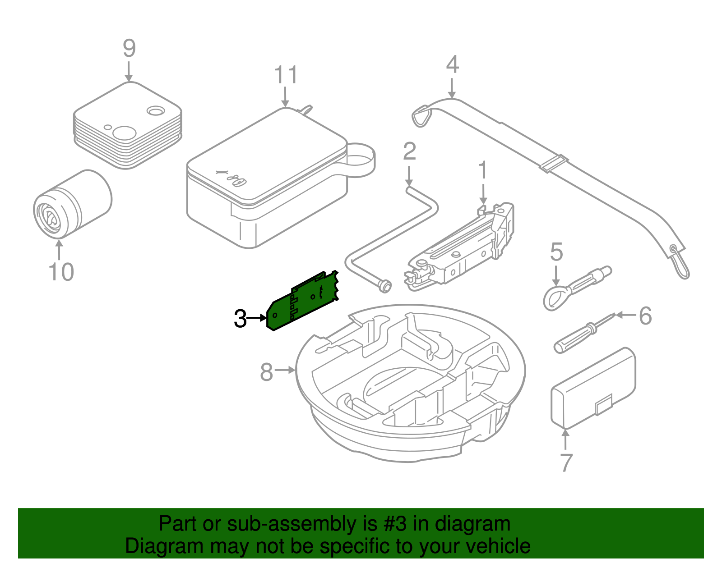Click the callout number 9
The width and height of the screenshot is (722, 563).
pos(129,48)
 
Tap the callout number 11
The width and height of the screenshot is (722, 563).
pos(286,75)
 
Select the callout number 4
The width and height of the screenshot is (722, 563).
pos(452,64)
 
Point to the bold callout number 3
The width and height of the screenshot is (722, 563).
pos(240,319)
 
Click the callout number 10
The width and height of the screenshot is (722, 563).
pos(61,272)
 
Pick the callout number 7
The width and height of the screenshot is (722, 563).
pos(566,462)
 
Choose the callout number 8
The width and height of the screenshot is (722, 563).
pos(267,372)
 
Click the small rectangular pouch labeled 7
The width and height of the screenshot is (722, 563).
pos(593,388)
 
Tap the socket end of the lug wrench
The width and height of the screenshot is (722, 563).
pos(384,286)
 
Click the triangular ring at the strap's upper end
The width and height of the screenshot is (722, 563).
pos(422,116)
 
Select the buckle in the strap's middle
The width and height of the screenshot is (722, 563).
pos(553,163)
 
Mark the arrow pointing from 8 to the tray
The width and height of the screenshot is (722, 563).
pos(285,370)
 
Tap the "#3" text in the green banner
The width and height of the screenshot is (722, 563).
pos(395,524)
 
